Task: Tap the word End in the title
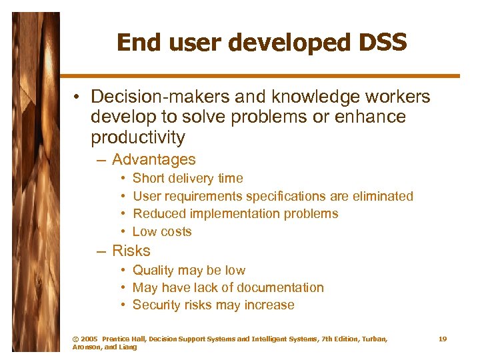tap(137, 43)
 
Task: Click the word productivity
tap(138, 137)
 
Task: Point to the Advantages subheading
tap(154, 160)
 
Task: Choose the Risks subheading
tap(131, 251)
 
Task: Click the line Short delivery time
tap(188, 179)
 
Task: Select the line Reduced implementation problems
tap(235, 214)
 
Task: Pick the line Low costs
tap(162, 232)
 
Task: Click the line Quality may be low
tap(189, 271)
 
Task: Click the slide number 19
tap(443, 339)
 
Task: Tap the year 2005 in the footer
tap(89, 339)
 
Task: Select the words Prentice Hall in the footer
tap(123, 339)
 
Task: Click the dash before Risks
tap(101, 251)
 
